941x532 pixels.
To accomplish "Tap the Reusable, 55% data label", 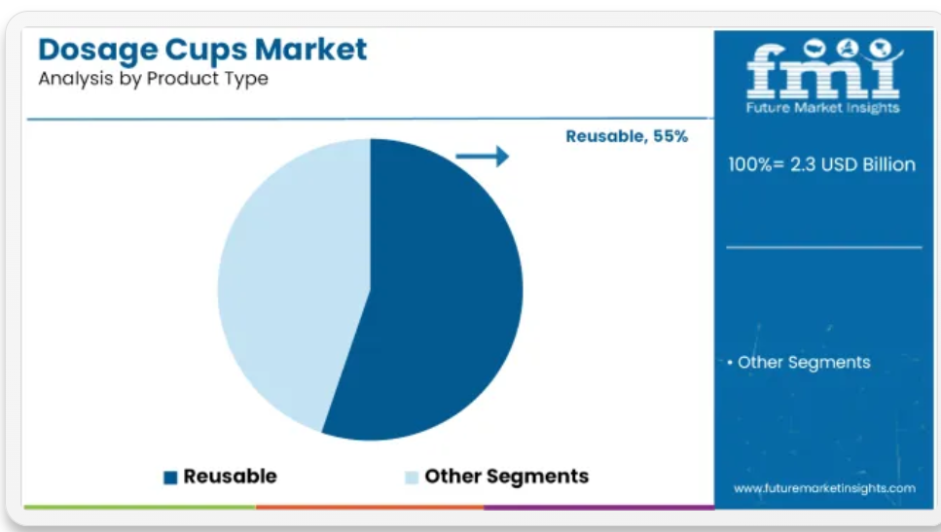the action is coord(627,137).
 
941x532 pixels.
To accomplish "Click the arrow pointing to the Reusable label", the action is coord(482,157).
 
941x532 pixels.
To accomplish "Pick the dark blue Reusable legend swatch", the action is coord(170,478).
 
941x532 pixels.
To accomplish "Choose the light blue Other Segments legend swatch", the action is coord(412,478).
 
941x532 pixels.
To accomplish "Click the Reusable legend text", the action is coord(230,477).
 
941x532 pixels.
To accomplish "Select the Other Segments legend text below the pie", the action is coord(507,477).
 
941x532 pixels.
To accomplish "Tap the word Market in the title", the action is coord(310,50).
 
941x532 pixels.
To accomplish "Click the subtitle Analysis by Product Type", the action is coord(153,79).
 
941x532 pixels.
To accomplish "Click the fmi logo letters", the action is coord(823,69).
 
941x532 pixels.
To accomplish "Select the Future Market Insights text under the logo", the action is coord(823,108).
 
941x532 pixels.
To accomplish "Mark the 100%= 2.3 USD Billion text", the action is coord(821,164).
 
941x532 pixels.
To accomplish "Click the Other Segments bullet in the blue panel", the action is coord(799,362).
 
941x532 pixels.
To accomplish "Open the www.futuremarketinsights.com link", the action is coord(824,489).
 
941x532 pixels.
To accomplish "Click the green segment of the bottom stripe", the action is coord(140,508).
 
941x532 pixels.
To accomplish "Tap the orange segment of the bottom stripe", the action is coord(370,508).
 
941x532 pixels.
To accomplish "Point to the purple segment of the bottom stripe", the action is coord(598,508).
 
